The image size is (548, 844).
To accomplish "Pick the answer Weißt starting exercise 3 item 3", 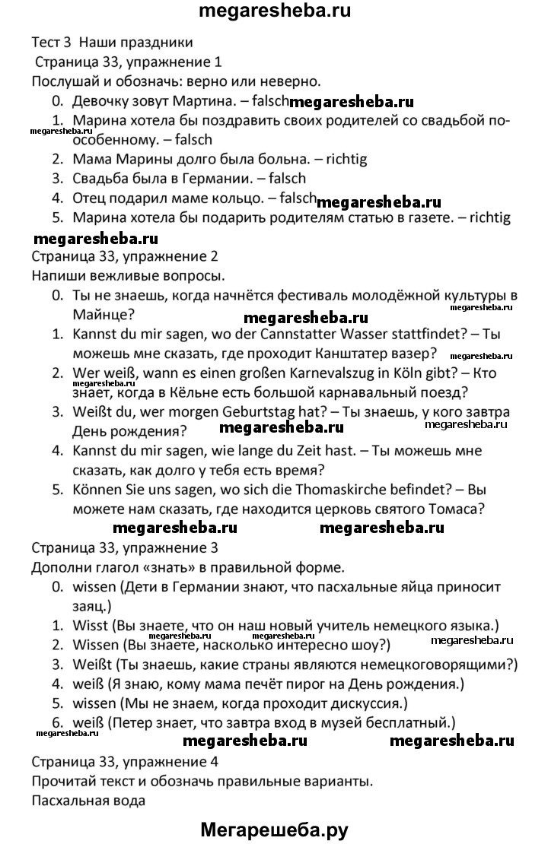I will click(91, 665).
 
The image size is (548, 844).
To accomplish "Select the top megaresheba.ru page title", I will click(274, 13).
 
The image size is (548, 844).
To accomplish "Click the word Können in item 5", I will click(97, 491).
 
